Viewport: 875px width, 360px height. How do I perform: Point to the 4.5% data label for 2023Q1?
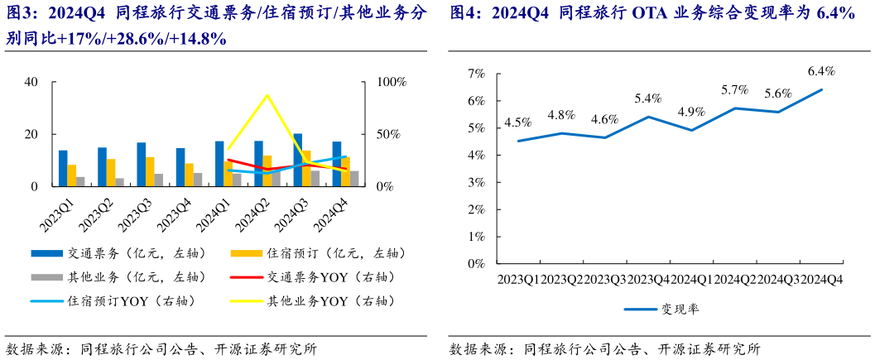click(x=518, y=122)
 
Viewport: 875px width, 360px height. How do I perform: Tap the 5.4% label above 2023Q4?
click(x=648, y=98)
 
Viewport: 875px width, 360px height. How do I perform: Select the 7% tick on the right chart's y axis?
click(x=476, y=74)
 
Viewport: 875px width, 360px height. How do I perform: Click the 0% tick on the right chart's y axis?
click(x=476, y=264)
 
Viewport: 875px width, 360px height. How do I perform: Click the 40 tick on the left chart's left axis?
click(x=31, y=82)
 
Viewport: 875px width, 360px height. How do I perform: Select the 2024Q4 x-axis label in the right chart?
click(x=821, y=281)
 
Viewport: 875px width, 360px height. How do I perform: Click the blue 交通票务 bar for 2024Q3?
click(x=298, y=160)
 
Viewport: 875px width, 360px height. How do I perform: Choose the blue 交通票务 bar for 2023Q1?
click(x=63, y=168)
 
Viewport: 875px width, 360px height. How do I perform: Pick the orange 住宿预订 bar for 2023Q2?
click(x=111, y=172)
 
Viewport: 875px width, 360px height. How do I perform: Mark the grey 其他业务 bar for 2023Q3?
click(x=159, y=180)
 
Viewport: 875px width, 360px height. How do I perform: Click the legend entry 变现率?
click(x=678, y=309)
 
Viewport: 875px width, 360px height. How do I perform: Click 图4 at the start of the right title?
click(x=466, y=13)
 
